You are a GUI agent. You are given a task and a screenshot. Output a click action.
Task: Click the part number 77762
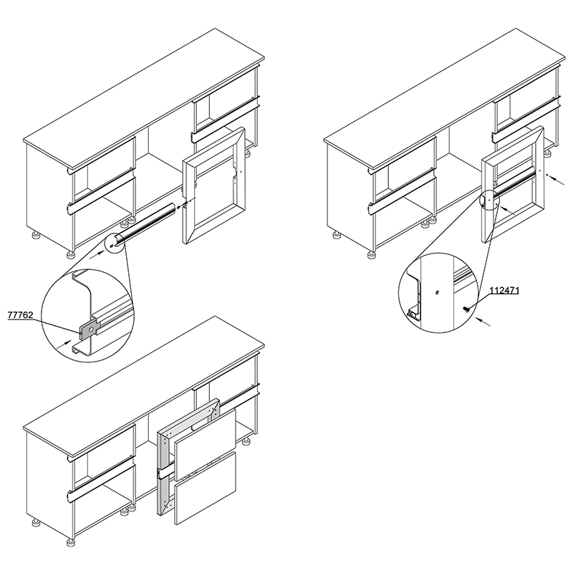20,315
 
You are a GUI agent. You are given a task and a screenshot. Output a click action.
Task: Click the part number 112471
504,291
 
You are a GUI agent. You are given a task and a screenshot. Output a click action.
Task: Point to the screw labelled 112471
467,309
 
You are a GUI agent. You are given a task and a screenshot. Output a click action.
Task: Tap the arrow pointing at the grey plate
64,344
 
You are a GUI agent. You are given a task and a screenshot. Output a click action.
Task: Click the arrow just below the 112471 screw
483,321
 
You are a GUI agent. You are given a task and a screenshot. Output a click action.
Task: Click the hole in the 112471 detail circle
437,292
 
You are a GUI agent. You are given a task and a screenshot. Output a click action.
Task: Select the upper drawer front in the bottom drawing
205,444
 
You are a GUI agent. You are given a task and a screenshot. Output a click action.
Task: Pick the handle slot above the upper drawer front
205,423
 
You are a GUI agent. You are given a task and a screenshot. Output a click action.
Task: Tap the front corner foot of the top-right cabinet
372,254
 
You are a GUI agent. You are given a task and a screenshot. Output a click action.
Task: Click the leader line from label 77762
57,327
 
